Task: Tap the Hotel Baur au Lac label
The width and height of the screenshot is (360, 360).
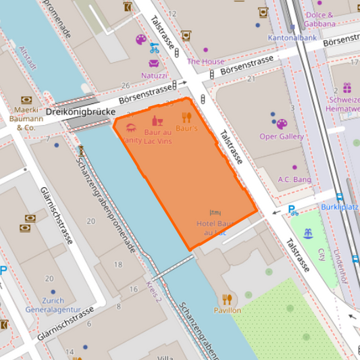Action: click(214, 227)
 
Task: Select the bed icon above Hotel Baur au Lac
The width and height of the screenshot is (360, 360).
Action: click(215, 213)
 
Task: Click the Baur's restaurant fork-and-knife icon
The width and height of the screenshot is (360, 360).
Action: click(186, 117)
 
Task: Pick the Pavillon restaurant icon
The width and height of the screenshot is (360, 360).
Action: click(227, 299)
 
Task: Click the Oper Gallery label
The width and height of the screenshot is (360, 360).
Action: click(282, 136)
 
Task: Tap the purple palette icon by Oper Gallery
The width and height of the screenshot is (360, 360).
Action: click(282, 124)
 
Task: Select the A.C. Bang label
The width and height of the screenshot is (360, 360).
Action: click(294, 180)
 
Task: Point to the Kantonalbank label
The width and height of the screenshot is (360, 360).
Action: click(292, 38)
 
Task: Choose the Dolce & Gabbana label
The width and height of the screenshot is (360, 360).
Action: click(320, 20)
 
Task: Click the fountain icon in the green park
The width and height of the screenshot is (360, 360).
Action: click(309, 234)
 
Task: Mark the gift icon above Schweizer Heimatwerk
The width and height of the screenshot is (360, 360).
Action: click(346, 88)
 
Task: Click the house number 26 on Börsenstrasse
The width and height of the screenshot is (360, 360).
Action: click(124, 86)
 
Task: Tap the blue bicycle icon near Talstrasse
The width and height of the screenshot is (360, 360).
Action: click(155, 48)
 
